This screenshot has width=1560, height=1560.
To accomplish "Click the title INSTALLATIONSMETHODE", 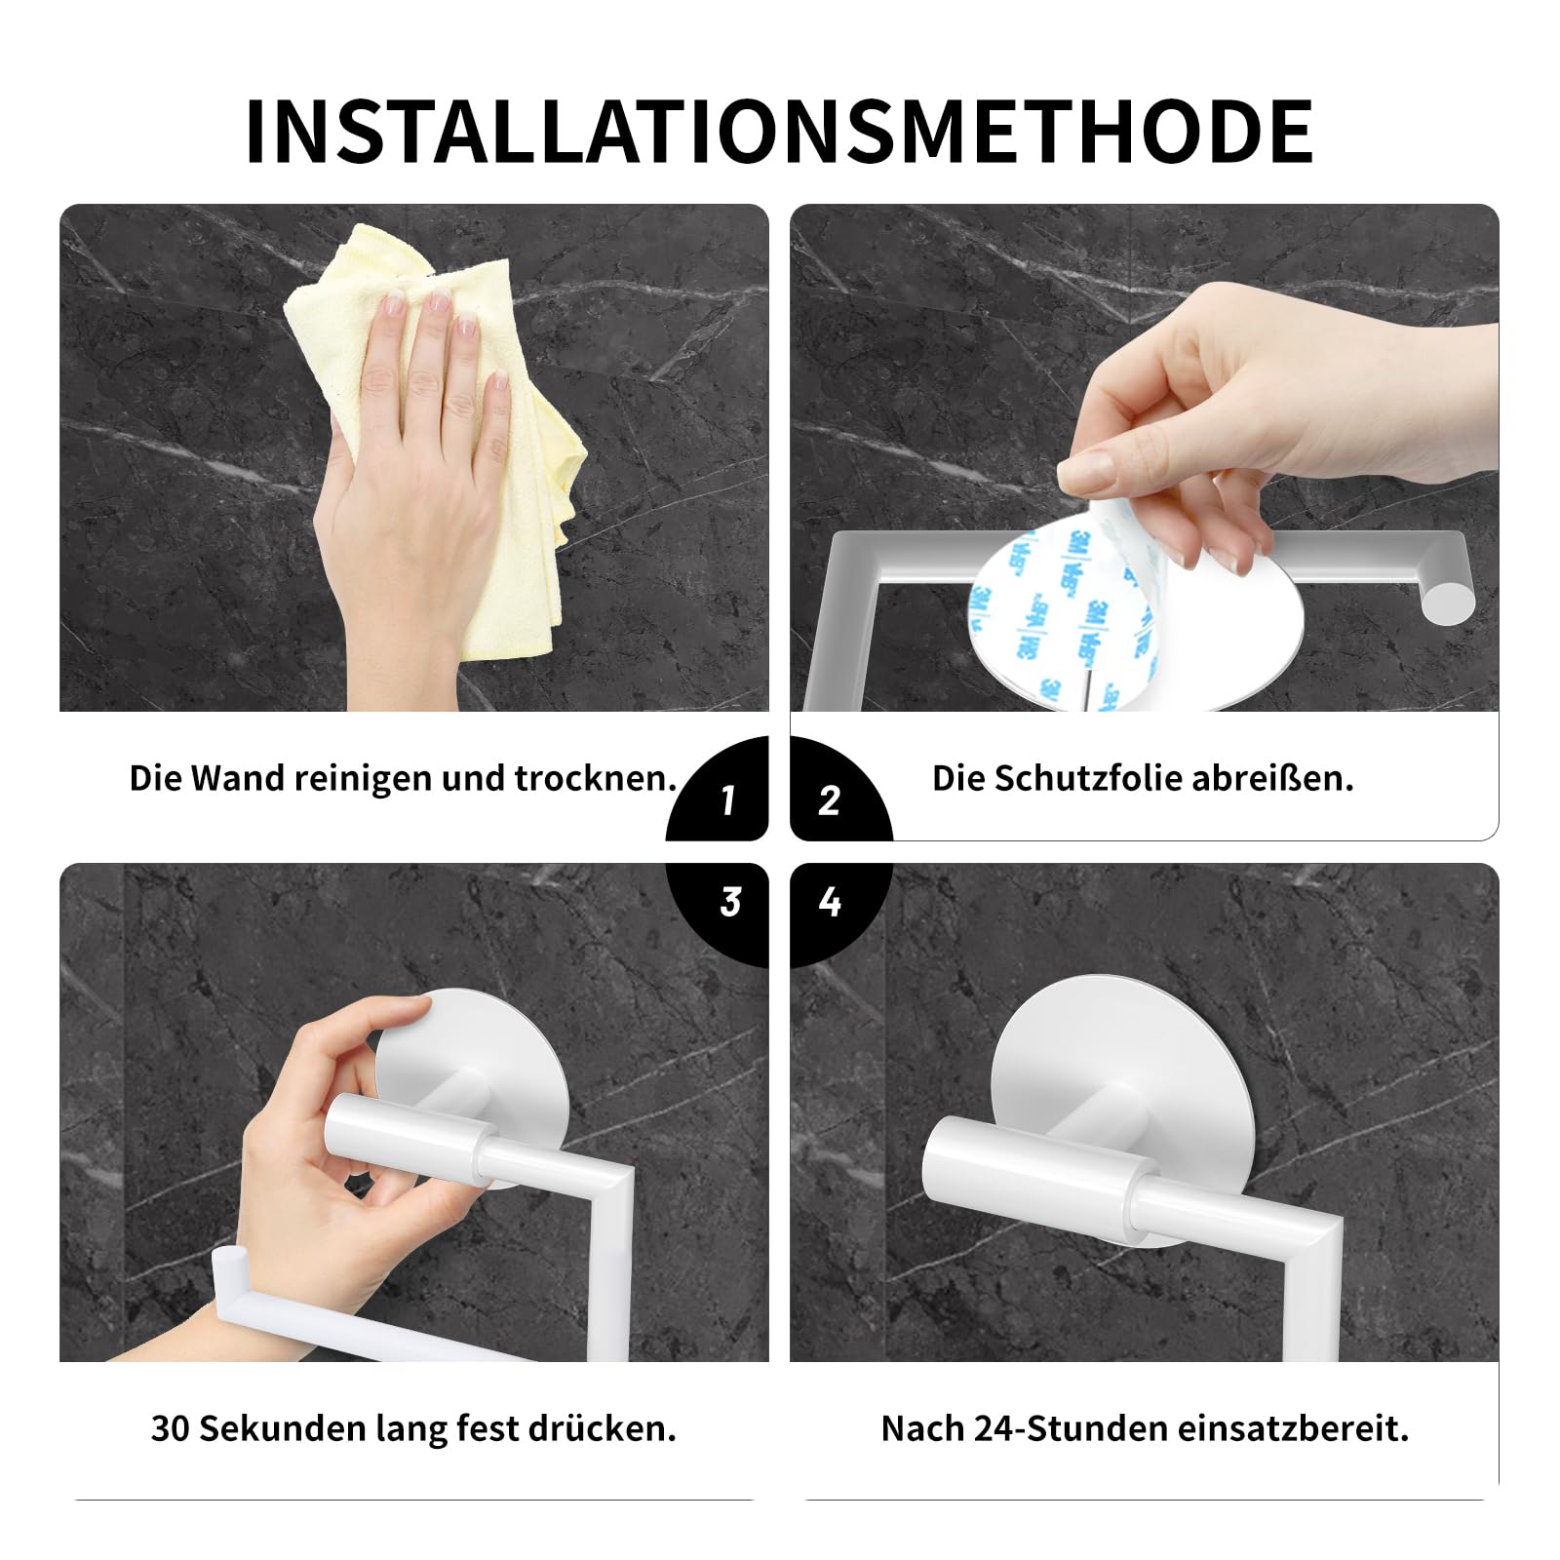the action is tap(779, 132).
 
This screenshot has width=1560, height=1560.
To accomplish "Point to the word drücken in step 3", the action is tap(602, 1428).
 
